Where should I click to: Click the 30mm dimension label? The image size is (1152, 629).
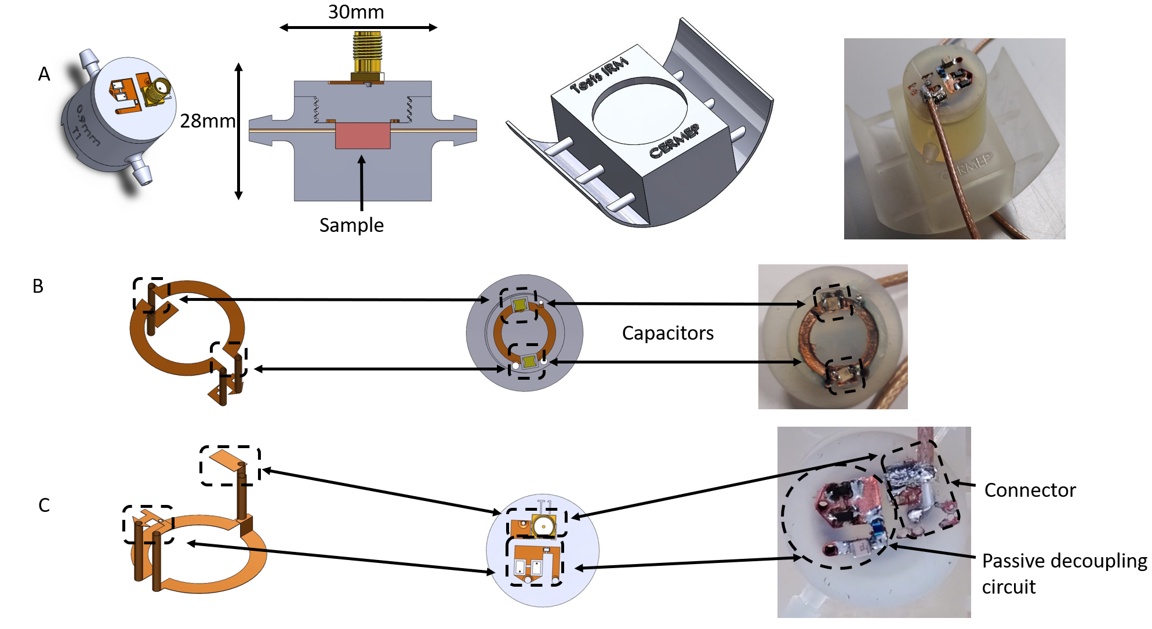(356, 12)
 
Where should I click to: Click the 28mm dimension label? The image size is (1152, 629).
(208, 121)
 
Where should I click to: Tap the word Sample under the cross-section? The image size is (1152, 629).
(351, 225)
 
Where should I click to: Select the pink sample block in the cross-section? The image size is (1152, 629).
(363, 136)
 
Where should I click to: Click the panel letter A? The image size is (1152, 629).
(44, 74)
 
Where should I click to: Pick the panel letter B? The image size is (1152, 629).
(38, 286)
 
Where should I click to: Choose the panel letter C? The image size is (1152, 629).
(44, 506)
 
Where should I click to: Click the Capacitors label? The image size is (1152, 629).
(668, 333)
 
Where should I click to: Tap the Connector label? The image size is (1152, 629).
(1030, 490)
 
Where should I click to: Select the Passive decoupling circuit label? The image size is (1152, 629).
(1064, 574)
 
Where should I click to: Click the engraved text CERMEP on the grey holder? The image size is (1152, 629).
(674, 141)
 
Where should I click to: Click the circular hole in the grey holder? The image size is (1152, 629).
(639, 111)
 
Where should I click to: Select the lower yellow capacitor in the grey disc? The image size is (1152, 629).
(529, 363)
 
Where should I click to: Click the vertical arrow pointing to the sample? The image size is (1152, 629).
(362, 183)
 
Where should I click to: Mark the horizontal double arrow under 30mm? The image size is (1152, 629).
(358, 27)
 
